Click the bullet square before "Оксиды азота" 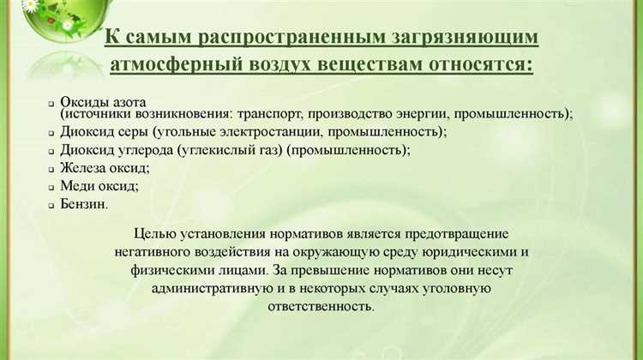52,102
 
